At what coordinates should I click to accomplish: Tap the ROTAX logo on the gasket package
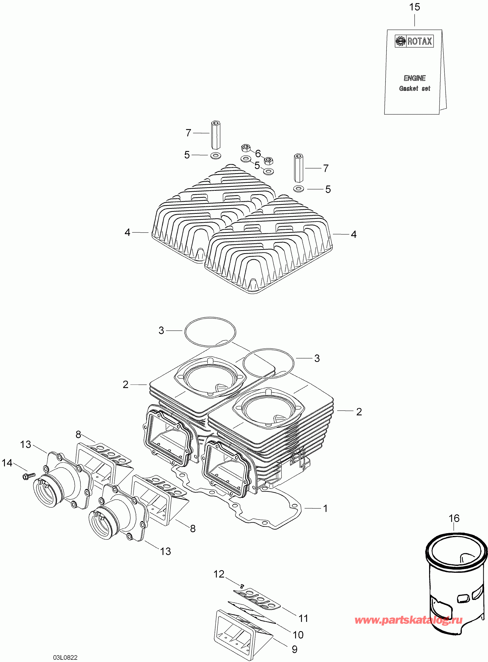pyautogui.click(x=414, y=41)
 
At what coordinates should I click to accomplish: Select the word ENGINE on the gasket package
pyautogui.click(x=415, y=78)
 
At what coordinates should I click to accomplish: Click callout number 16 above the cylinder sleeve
pyautogui.click(x=454, y=518)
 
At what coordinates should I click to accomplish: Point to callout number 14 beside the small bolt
pyautogui.click(x=7, y=463)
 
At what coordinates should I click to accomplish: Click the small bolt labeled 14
pyautogui.click(x=28, y=476)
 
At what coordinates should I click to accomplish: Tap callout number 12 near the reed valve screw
pyautogui.click(x=219, y=574)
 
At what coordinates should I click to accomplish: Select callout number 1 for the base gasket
pyautogui.click(x=325, y=508)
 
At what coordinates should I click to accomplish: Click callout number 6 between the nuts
pyautogui.click(x=258, y=153)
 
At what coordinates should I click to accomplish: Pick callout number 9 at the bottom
pyautogui.click(x=294, y=649)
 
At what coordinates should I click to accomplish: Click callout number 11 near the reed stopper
pyautogui.click(x=303, y=618)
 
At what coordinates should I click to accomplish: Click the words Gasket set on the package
pyautogui.click(x=415, y=88)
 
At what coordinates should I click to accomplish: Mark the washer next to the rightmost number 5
pyautogui.click(x=298, y=188)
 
